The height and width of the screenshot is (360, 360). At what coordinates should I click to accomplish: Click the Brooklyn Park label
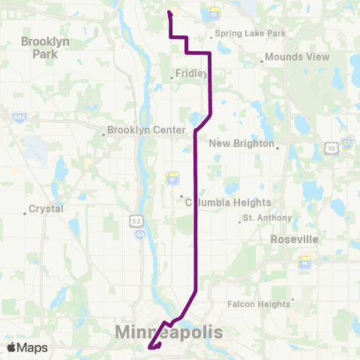[x=45, y=47]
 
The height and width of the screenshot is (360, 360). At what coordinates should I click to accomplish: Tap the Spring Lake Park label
[x=251, y=34]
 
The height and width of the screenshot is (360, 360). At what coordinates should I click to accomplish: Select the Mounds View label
[x=286, y=57]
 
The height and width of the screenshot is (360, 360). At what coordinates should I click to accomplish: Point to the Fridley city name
[x=190, y=74]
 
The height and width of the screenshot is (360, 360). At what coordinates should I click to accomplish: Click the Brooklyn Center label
[x=145, y=130]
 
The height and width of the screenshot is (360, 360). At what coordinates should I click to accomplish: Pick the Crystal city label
[x=46, y=209]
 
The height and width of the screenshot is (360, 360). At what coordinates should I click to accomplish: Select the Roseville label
[x=294, y=239]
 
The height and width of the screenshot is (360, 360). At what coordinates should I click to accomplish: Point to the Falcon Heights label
[x=259, y=304]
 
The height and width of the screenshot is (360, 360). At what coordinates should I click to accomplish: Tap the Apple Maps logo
[x=27, y=347]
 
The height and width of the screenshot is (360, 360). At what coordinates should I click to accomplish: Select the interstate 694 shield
[x=18, y=117]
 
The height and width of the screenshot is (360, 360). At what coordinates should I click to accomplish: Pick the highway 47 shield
[x=172, y=178]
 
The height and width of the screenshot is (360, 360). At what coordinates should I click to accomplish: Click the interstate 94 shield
[x=140, y=234]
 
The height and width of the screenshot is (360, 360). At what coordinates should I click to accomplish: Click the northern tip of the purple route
[x=168, y=12]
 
